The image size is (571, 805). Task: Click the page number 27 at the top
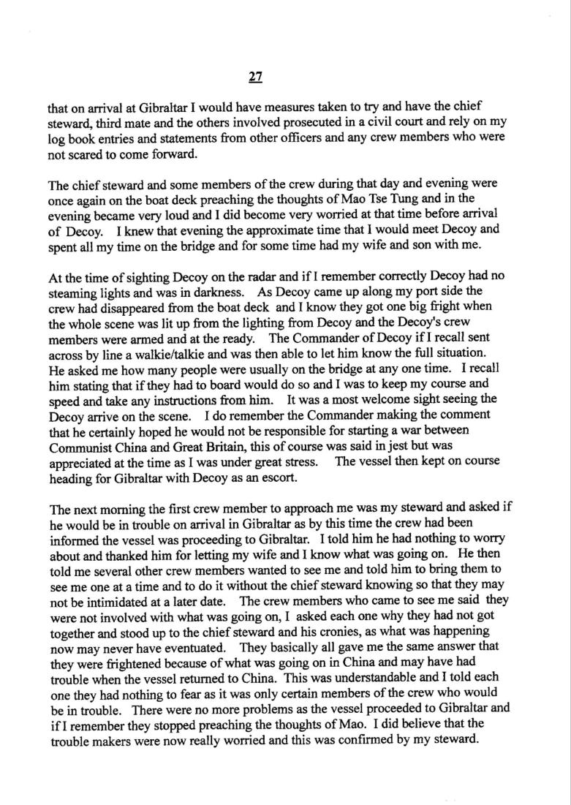[x=254, y=75]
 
